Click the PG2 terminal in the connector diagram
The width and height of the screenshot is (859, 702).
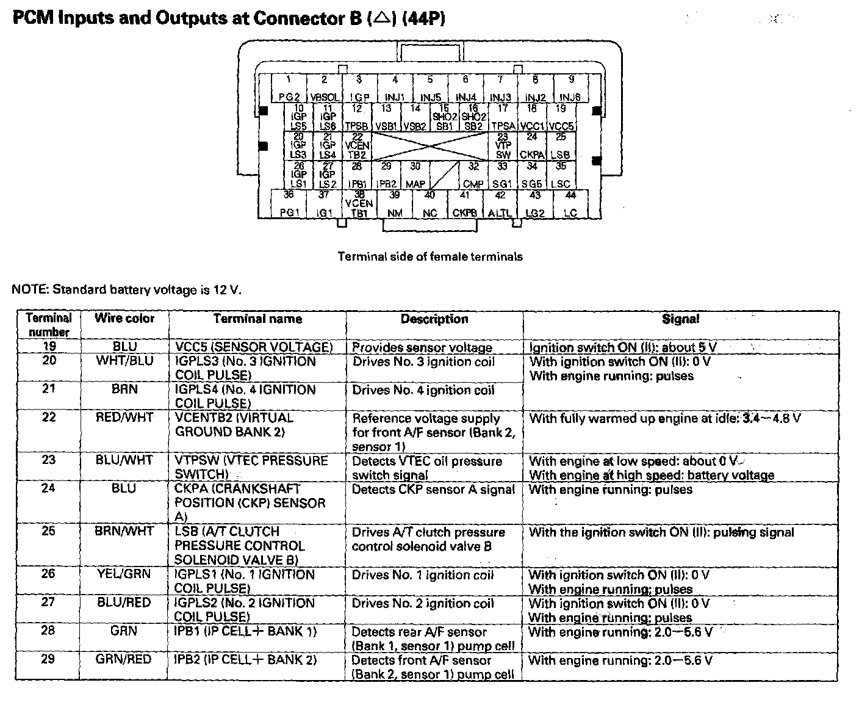coord(289,89)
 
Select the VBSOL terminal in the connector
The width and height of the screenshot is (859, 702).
coord(324,89)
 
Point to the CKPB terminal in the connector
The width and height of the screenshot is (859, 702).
coord(465,205)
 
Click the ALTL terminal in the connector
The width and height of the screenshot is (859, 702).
coord(500,205)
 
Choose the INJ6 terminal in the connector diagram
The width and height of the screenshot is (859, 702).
coord(570,89)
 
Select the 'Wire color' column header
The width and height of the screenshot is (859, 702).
coord(124,319)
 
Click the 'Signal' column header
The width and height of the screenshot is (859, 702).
coord(680,319)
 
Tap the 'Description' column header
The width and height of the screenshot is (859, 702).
coord(434,319)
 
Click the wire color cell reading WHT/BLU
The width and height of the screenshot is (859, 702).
coord(124,361)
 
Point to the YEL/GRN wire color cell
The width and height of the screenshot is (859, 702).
coord(124,574)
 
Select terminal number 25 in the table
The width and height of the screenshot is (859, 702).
coord(48,531)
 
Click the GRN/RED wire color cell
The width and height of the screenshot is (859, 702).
coord(124,660)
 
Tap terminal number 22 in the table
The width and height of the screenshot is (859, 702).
coord(48,418)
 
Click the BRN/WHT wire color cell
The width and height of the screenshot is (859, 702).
coord(124,532)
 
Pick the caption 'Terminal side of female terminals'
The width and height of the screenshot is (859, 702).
coord(430,257)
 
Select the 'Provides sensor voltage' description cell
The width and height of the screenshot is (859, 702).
coord(422,347)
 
